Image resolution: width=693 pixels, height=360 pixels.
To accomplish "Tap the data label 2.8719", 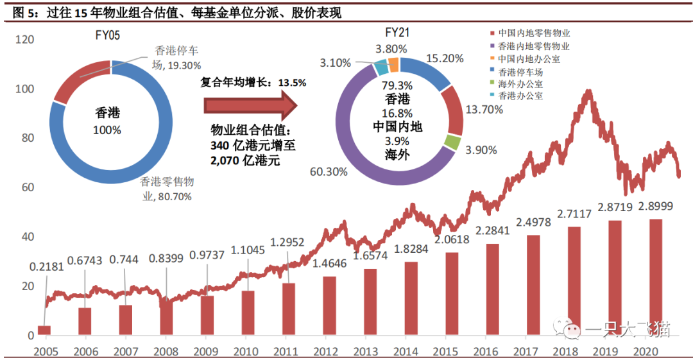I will [615, 210].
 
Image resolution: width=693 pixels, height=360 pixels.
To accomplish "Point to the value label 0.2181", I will [47, 266].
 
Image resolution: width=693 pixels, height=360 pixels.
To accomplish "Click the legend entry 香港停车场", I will [520, 72].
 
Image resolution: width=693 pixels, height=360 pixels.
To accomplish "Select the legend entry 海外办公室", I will [520, 83].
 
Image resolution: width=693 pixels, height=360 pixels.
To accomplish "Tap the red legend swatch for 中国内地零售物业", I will [492, 33].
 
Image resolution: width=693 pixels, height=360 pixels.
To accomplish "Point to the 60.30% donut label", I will [329, 171].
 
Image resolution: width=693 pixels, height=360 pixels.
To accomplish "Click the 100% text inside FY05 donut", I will [108, 130].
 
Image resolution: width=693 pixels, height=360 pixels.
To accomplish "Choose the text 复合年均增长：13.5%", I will [253, 82].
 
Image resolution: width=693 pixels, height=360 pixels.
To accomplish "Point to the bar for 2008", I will [166, 318].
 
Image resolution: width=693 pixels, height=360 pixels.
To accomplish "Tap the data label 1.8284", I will [411, 249].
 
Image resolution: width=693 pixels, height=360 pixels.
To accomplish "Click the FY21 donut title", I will [398, 32].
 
